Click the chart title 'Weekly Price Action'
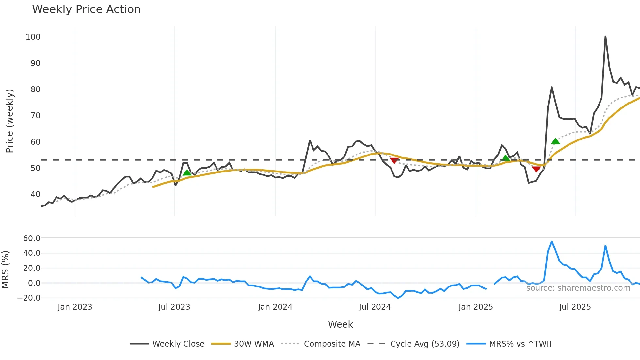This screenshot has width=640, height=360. [x=86, y=9]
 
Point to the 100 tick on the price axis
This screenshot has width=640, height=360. [x=33, y=37]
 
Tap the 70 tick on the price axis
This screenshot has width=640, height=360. [x=35, y=116]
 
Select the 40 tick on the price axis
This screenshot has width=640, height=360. [x=35, y=194]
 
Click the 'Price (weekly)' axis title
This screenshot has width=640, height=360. [x=9, y=121]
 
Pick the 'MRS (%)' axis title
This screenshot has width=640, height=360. [x=5, y=270]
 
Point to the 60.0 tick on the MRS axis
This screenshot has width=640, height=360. [x=32, y=238]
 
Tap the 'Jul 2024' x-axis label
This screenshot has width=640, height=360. [x=375, y=307]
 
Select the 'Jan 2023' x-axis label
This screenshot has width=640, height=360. [x=75, y=307]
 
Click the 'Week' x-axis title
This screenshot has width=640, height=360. [x=340, y=324]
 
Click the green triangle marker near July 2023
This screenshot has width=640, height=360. [x=187, y=173]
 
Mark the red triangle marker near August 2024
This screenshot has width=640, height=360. [x=394, y=160]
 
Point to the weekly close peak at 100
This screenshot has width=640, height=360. [x=605, y=36]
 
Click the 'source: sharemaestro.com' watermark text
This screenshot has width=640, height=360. [x=578, y=288]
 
